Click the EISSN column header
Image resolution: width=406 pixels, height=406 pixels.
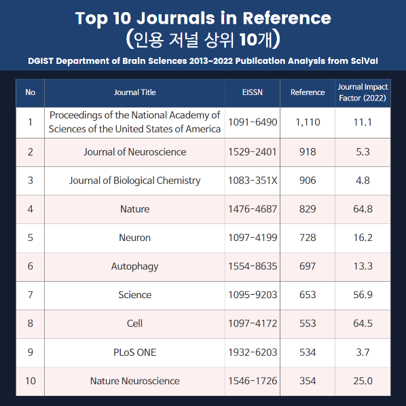tap(252, 92)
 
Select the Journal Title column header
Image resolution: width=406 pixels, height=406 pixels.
tap(134, 92)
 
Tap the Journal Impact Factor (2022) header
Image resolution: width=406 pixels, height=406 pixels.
tap(363, 92)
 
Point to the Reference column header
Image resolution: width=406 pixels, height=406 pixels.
tap(308, 92)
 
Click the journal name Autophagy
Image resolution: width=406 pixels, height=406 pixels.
tap(134, 266)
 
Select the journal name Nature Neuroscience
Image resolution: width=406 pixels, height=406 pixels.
tap(134, 381)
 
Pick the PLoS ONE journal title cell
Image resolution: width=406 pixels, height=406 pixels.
tap(134, 352)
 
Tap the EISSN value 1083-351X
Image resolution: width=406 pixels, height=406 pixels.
tap(253, 181)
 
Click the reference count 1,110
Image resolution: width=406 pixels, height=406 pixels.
tap(308, 122)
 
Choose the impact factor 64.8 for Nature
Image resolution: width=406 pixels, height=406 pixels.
tap(363, 209)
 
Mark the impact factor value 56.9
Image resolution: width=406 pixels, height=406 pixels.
tap(363, 295)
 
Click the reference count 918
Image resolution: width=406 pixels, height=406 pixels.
tap(308, 151)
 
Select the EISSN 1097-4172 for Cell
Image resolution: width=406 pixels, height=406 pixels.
tap(253, 323)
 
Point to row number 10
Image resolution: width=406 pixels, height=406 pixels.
tap(31, 381)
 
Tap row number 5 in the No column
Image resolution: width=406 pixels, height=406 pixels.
tap(31, 238)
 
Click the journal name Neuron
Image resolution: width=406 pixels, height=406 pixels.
tap(134, 238)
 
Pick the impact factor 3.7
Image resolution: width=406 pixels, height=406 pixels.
tap(363, 352)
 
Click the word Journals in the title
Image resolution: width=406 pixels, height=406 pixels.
tap(176, 18)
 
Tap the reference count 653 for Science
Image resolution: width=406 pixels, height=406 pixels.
tap(308, 295)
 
